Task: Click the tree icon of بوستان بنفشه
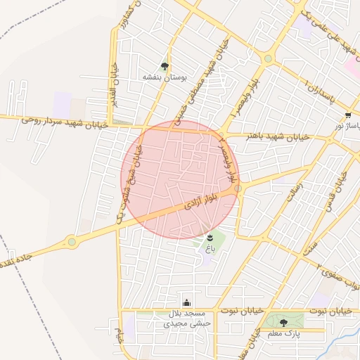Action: (165, 66)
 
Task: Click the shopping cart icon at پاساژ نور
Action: (348, 115)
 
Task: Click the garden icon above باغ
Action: (210, 237)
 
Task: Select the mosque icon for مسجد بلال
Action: (186, 303)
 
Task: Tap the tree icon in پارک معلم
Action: (283, 323)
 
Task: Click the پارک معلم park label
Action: (284, 334)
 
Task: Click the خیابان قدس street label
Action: (346, 187)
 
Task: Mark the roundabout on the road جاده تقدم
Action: (72, 243)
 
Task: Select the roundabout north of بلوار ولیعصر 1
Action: (268, 58)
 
